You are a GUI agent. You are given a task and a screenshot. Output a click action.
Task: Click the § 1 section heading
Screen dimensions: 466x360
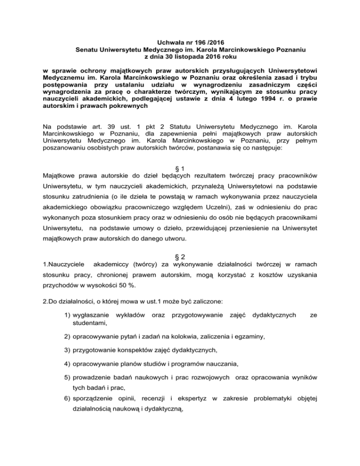(x=180, y=168)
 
